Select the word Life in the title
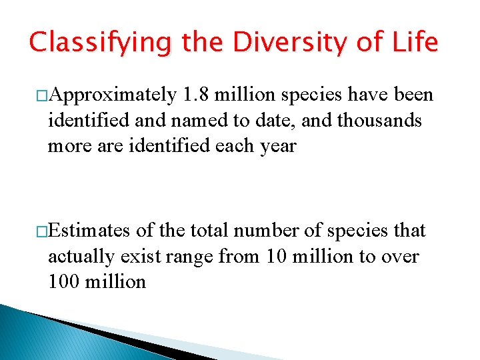point(414,43)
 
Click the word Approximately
point(113,96)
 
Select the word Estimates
point(90,231)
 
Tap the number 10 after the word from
point(277,256)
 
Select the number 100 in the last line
point(63,281)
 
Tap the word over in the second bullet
point(399,256)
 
